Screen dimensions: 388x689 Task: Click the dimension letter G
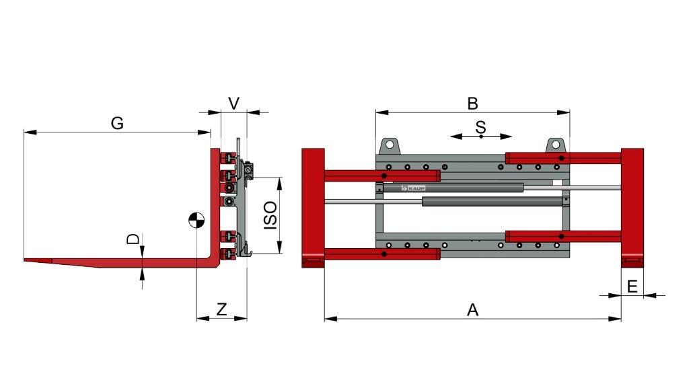[x=117, y=123]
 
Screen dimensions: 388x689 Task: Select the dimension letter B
[x=472, y=103]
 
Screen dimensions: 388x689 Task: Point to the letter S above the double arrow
[x=480, y=126]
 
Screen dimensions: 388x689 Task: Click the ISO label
[x=270, y=215]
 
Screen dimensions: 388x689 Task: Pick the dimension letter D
[x=133, y=239]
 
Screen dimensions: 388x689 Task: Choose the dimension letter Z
[x=221, y=309]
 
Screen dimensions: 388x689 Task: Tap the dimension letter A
[x=473, y=309]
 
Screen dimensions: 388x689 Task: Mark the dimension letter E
[x=632, y=286]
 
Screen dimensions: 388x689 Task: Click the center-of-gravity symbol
[x=196, y=220]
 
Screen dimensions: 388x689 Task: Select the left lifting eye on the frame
[x=389, y=145]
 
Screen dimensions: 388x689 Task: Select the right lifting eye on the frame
[x=555, y=145]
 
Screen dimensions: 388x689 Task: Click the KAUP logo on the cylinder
[x=413, y=188]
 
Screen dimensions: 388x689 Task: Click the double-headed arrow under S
[x=480, y=137]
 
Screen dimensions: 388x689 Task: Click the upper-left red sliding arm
[x=382, y=176]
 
